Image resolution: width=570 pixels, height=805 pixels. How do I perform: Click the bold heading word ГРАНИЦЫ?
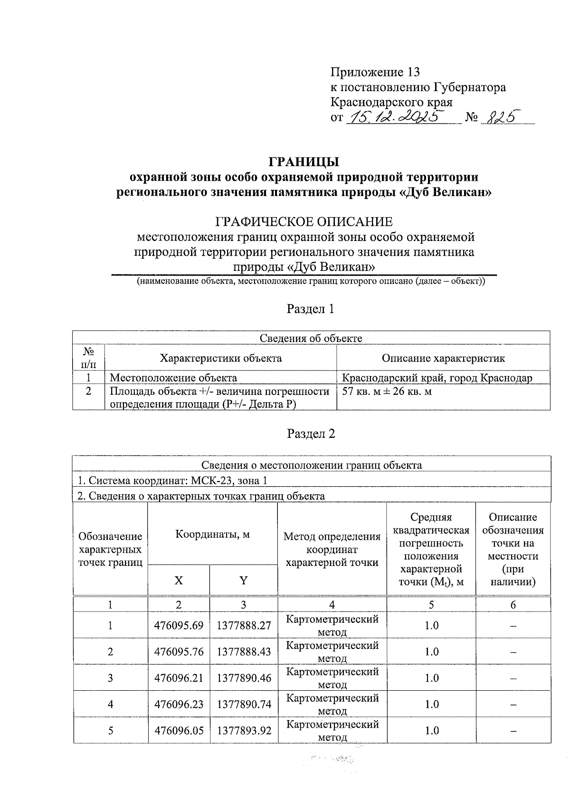(304, 162)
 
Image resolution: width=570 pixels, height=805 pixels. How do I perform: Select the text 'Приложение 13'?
(375, 72)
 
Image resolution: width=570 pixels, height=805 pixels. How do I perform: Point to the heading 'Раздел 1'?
(310, 309)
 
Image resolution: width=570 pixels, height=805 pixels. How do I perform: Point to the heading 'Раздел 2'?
(311, 434)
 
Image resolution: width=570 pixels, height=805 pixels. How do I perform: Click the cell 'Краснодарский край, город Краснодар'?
(437, 378)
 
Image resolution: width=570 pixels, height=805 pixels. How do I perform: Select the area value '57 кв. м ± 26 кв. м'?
(387, 392)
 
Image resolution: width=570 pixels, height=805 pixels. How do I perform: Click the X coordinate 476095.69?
(179, 626)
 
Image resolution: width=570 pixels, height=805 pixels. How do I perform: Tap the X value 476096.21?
(179, 678)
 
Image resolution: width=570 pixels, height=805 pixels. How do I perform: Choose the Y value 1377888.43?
(244, 652)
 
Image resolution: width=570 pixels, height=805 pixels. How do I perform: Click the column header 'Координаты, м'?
(212, 535)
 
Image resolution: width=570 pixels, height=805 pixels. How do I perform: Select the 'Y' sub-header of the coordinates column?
(243, 581)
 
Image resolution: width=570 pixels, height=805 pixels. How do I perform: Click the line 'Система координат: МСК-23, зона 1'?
(172, 481)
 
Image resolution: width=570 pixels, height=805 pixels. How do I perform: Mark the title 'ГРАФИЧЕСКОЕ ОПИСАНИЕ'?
(304, 222)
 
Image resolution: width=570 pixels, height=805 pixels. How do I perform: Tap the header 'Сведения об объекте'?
(311, 338)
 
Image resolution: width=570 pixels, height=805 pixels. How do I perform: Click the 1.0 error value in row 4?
(431, 704)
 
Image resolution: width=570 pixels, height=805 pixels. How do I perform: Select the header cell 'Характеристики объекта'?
(220, 358)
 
